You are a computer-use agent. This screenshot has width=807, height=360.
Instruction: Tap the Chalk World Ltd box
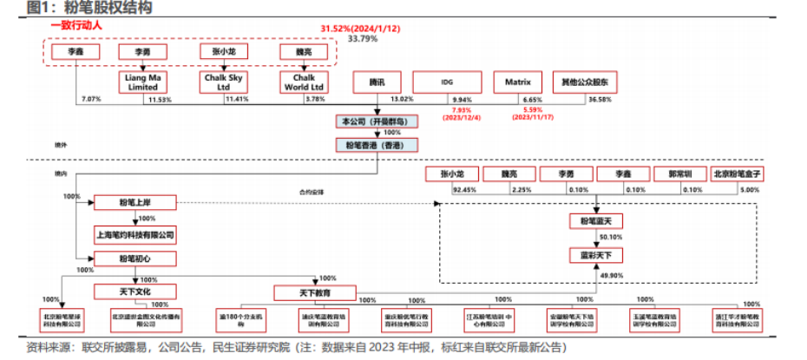303,82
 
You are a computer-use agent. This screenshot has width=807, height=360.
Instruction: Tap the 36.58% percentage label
600,100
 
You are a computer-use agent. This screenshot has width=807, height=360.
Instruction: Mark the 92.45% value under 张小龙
464,189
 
